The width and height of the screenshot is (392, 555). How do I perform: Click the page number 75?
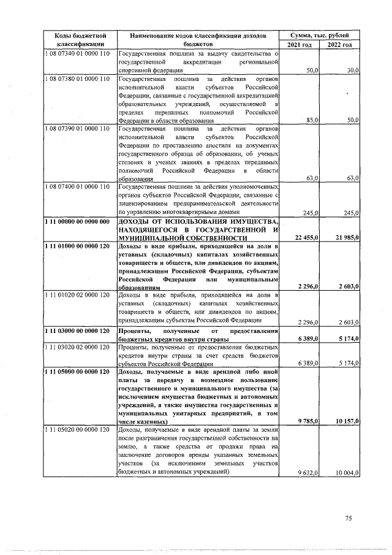click(x=348, y=518)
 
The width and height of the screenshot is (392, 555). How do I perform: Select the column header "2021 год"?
click(x=298, y=45)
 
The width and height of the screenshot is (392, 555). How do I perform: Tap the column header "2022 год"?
click(x=339, y=45)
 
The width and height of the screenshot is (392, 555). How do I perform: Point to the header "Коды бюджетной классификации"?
click(x=77, y=40)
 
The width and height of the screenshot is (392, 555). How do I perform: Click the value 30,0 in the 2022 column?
click(x=352, y=71)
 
